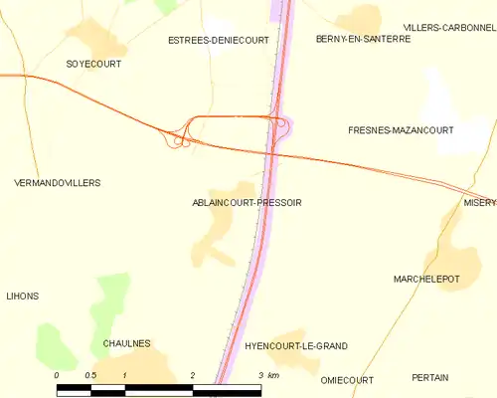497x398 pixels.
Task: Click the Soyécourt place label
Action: coord(93,64)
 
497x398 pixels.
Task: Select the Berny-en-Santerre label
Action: coord(363,39)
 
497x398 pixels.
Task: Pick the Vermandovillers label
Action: coord(58,183)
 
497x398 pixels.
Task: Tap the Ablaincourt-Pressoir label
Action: coord(247,202)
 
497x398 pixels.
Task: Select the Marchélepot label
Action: coord(426,280)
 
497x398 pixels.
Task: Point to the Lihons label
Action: coord(22,297)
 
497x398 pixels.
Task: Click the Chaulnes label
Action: coord(126,343)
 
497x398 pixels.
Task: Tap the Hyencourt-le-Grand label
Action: coord(295,345)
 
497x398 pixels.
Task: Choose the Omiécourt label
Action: coord(347,380)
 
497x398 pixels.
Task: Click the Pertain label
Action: coord(429,378)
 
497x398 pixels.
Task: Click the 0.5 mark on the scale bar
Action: coord(90,375)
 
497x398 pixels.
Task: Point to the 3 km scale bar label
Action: coord(267,375)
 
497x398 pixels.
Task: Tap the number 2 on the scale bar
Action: coord(192,375)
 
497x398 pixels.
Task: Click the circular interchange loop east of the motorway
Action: coord(283,125)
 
